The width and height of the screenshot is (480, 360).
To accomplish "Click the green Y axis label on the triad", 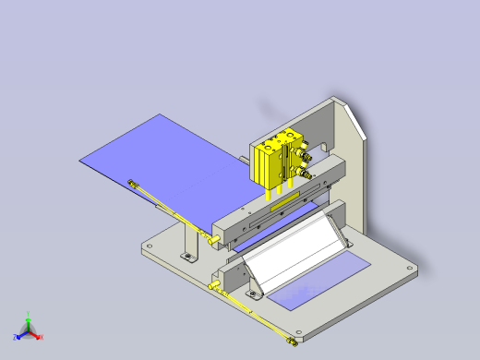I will [29, 313].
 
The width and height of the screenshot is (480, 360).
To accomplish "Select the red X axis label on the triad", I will [41, 337].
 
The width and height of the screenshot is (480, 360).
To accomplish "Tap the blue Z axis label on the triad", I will [16, 337].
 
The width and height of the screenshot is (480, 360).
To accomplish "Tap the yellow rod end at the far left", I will [134, 183].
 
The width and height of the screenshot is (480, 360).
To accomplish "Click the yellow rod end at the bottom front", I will [291, 342].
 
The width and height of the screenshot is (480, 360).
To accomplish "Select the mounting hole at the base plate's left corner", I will [147, 246].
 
